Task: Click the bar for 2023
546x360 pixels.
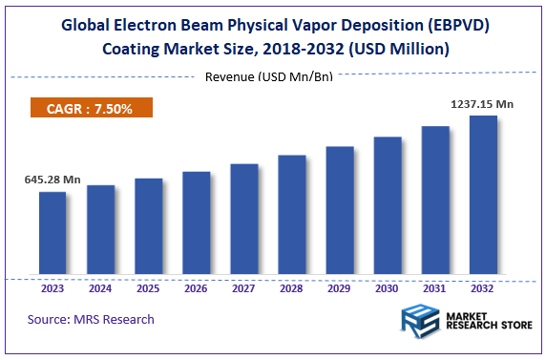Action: pyautogui.click(x=52, y=234)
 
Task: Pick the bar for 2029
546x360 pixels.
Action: pyautogui.click(x=340, y=211)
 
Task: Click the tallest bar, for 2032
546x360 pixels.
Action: pyautogui.click(x=483, y=196)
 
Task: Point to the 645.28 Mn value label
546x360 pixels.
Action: pyautogui.click(x=52, y=179)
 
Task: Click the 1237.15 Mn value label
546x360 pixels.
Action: pyautogui.click(x=482, y=103)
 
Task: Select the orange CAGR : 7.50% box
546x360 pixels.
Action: pyautogui.click(x=92, y=109)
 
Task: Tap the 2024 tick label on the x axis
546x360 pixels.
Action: pyautogui.click(x=100, y=288)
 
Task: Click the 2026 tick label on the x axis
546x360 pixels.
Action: pyautogui.click(x=196, y=288)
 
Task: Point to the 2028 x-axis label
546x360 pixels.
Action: pyautogui.click(x=291, y=288)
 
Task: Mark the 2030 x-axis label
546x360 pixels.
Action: pyautogui.click(x=388, y=288)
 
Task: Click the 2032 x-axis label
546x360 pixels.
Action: pyautogui.click(x=483, y=288)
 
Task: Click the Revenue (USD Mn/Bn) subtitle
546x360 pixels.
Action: pyautogui.click(x=269, y=76)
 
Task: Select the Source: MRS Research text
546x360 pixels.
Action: pyautogui.click(x=91, y=319)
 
